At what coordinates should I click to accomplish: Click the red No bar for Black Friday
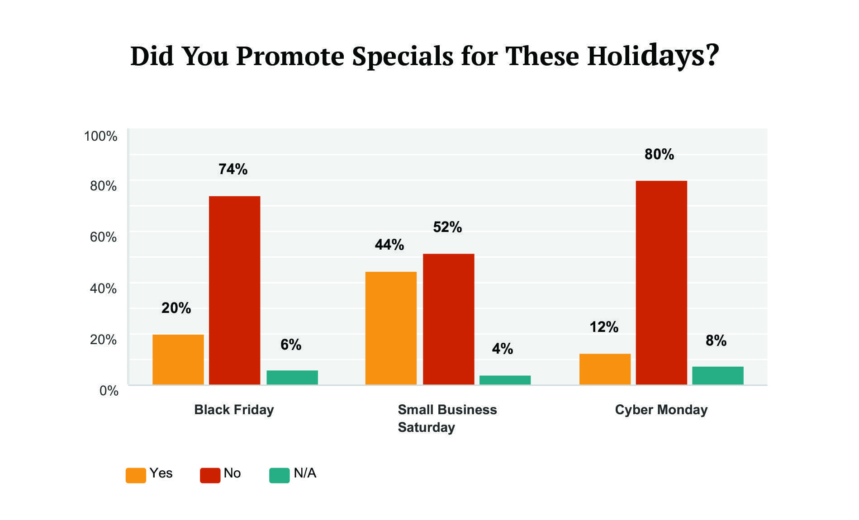(x=234, y=290)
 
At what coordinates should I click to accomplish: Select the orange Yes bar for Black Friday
(x=178, y=359)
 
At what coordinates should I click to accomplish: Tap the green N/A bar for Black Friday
(x=292, y=377)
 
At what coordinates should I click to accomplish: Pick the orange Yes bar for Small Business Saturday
(x=391, y=328)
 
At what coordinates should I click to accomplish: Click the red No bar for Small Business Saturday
(x=448, y=319)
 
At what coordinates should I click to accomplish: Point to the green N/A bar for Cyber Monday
(x=717, y=375)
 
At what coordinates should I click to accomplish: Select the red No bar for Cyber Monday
(x=661, y=283)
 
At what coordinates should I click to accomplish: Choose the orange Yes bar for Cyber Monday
(x=605, y=369)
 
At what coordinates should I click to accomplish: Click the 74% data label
(x=233, y=169)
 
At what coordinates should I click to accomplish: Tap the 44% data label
(x=389, y=245)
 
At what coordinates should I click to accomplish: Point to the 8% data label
(x=716, y=340)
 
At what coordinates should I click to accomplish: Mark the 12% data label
(x=603, y=326)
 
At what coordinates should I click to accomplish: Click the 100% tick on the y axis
(x=100, y=136)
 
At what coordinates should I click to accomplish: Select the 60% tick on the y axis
(x=103, y=237)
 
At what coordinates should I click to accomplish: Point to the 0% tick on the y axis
(x=109, y=391)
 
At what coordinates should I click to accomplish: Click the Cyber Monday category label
(x=661, y=410)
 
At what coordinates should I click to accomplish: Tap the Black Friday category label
(x=234, y=410)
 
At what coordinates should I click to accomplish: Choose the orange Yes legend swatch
(x=136, y=475)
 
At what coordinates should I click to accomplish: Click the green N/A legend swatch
(x=279, y=475)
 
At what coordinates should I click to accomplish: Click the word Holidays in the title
(x=653, y=56)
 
